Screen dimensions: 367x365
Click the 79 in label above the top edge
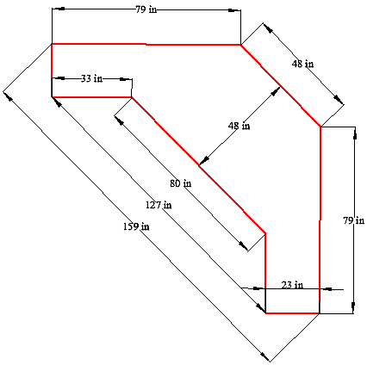pyautogui.click(x=146, y=9)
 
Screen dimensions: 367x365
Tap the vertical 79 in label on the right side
pyautogui.click(x=354, y=220)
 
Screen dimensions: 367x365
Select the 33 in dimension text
pyautogui.click(x=91, y=78)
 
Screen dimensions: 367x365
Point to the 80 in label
pyautogui.click(x=181, y=183)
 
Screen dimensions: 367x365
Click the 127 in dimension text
pyautogui.click(x=159, y=205)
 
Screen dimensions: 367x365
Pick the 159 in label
pyautogui.click(x=136, y=226)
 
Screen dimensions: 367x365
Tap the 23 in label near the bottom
pyautogui.click(x=292, y=285)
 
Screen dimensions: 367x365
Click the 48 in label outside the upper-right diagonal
pyautogui.click(x=302, y=64)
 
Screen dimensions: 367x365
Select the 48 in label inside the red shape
pyautogui.click(x=239, y=126)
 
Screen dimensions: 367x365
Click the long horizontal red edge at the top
pyautogui.click(x=146, y=44)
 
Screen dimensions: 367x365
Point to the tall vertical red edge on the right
pyautogui.click(x=320, y=220)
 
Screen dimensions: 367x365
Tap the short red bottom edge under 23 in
pyautogui.click(x=292, y=313)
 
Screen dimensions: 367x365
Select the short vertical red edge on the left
pyautogui.click(x=52, y=71)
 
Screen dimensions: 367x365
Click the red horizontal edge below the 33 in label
pyautogui.click(x=91, y=97)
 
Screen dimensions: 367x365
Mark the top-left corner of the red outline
pyautogui.click(x=52, y=44)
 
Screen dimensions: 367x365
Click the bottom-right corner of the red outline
pyautogui.click(x=320, y=313)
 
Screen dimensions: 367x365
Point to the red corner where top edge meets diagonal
pyautogui.click(x=240, y=45)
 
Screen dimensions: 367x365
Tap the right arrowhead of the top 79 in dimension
pyautogui.click(x=234, y=10)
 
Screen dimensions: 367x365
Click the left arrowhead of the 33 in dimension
pyautogui.click(x=59, y=78)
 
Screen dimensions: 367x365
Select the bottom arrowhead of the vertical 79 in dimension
pyautogui.click(x=353, y=307)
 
